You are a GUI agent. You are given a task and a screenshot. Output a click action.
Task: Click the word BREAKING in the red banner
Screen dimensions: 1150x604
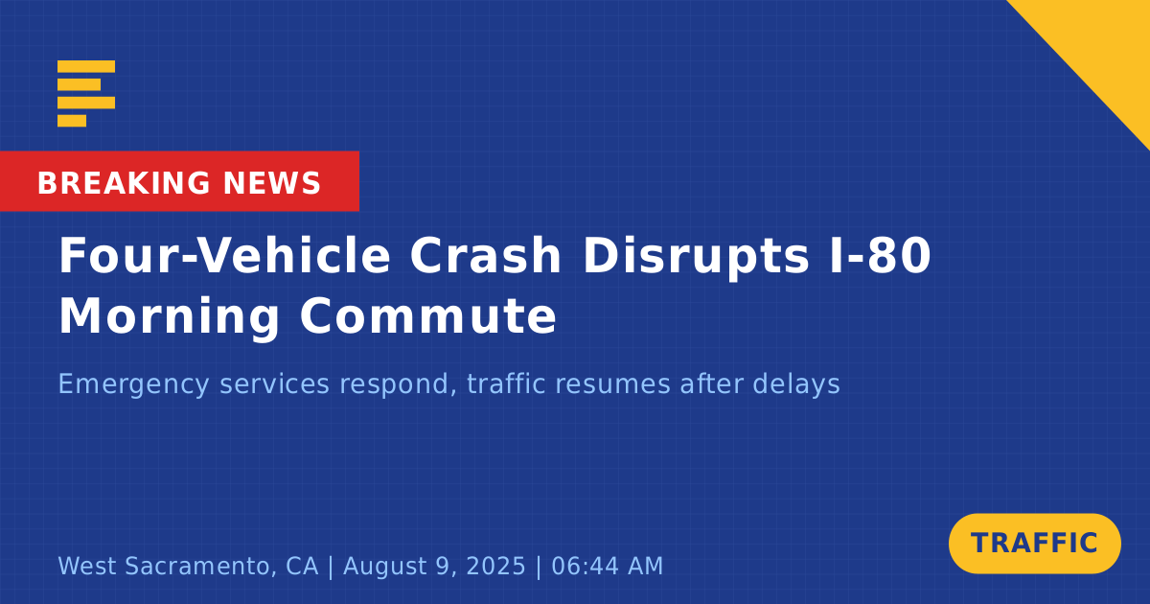click(x=124, y=183)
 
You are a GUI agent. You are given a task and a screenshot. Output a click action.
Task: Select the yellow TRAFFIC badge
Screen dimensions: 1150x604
click(x=1034, y=544)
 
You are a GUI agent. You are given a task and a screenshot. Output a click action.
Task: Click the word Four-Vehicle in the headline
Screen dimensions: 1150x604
click(x=225, y=255)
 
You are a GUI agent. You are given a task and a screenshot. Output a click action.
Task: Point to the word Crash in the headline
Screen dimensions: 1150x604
click(x=485, y=255)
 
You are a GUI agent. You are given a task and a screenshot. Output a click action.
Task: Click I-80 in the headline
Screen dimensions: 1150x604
click(x=880, y=255)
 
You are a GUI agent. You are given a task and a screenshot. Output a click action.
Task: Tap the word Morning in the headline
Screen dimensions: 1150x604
click(x=170, y=317)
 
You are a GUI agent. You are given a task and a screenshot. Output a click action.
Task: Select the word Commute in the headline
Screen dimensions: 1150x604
click(x=428, y=316)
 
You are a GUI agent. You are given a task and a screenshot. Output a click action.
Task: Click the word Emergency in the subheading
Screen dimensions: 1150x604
click(x=134, y=384)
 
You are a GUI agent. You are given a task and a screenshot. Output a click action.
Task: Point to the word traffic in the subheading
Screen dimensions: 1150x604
click(x=506, y=383)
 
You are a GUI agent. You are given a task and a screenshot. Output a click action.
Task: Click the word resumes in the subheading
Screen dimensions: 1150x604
click(x=613, y=385)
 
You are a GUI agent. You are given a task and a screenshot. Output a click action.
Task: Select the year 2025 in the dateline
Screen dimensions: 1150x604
click(x=495, y=566)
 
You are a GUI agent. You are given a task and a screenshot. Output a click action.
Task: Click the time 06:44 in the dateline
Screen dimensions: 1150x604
click(x=585, y=566)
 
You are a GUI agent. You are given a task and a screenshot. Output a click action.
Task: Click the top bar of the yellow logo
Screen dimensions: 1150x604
click(x=86, y=66)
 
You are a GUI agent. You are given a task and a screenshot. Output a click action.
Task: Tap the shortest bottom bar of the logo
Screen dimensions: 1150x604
click(x=72, y=121)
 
